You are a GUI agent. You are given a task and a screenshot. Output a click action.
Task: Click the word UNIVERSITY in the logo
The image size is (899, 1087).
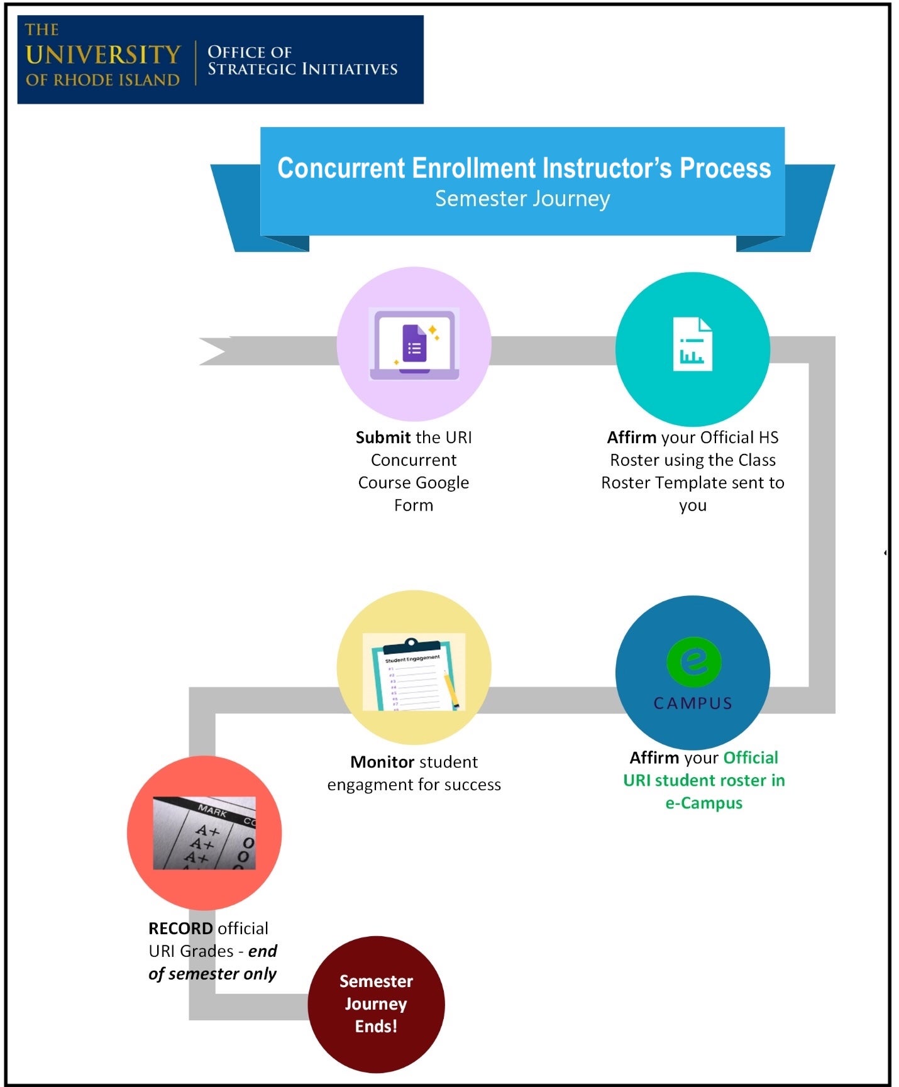click(103, 55)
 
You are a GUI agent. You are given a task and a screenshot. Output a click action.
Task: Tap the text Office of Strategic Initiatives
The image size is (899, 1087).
click(302, 60)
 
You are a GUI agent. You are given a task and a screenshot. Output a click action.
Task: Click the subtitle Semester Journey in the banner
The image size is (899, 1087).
click(522, 199)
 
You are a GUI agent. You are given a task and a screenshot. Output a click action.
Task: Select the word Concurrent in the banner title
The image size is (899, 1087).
click(341, 168)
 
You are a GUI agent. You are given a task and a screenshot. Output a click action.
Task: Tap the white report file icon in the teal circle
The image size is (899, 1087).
click(692, 345)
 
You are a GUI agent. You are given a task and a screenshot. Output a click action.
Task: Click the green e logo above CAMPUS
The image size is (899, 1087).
click(693, 662)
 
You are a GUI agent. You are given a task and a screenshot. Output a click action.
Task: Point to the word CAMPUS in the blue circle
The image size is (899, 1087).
click(693, 703)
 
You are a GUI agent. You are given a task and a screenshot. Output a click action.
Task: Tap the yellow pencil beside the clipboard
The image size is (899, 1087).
click(451, 690)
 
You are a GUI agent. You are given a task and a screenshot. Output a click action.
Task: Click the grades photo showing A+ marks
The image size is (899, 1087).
click(204, 833)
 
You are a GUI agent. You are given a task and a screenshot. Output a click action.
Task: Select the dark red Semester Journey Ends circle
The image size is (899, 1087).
click(376, 1003)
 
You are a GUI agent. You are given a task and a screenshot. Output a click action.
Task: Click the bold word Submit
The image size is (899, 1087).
click(383, 438)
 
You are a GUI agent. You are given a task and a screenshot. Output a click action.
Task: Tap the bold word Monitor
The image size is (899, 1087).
click(382, 762)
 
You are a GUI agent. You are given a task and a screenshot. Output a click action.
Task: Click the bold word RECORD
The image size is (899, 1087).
click(180, 929)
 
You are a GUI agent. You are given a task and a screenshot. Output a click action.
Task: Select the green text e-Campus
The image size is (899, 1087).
click(703, 803)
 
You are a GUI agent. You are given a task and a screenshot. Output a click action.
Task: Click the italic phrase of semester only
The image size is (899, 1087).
click(212, 974)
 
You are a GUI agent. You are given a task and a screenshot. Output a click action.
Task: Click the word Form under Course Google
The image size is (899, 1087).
click(413, 505)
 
